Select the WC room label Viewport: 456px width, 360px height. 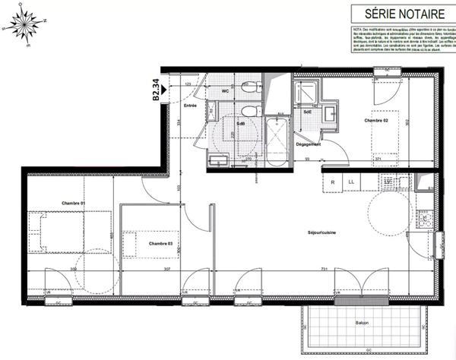[225, 92]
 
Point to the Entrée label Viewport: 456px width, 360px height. [190, 106]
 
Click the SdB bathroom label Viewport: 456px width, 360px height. [240, 123]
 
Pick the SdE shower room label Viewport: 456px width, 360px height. [308, 112]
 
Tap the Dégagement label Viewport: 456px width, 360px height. [309, 144]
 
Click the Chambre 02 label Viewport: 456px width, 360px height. [376, 121]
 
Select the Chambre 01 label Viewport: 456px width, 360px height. [73, 202]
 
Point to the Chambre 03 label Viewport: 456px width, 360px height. [160, 243]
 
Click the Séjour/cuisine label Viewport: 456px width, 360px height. [321, 232]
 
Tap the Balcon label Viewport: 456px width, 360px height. [362, 323]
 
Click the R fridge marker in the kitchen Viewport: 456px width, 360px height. [333, 182]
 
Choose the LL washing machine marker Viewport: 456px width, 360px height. [351, 182]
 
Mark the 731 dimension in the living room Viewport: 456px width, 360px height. [323, 270]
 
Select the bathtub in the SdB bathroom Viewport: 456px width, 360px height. [275, 142]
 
